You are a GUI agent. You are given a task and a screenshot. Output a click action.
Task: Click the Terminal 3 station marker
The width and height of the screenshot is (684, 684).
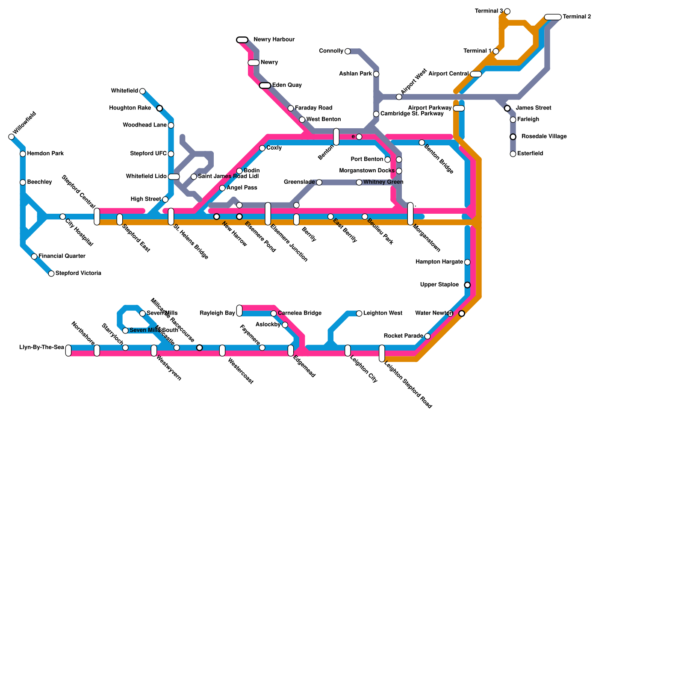507,11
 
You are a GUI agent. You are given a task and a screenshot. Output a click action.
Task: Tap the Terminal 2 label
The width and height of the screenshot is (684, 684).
577,17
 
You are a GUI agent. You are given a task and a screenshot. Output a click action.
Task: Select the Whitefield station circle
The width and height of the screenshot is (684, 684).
142,91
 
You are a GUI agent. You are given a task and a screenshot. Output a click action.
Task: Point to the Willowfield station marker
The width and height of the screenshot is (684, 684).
12,137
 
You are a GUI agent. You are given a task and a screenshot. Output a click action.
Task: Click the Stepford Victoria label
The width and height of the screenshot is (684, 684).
78,274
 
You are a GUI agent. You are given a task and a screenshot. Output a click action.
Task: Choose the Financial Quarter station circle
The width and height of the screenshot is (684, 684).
34,256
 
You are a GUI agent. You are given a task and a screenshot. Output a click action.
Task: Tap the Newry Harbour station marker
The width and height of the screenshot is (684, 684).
242,40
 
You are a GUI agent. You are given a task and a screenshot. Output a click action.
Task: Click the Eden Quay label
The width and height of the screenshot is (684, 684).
287,85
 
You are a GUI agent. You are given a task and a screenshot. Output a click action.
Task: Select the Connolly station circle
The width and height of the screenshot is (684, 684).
348,51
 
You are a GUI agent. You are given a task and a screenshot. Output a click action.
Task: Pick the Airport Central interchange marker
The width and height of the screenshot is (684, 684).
476,74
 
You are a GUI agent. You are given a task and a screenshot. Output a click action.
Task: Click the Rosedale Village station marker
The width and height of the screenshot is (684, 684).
513,137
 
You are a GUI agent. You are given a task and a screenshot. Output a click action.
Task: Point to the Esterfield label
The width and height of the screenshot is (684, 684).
530,154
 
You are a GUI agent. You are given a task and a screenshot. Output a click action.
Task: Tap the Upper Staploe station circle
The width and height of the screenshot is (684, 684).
467,285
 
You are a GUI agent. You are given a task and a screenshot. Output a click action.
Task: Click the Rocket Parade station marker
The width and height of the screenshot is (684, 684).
427,336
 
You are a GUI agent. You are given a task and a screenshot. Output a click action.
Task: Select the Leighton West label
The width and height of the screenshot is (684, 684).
383,313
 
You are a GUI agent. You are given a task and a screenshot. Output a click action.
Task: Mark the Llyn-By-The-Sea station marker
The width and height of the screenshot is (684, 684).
68,351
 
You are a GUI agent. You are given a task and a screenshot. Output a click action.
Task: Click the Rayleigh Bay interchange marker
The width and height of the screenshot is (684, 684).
239,311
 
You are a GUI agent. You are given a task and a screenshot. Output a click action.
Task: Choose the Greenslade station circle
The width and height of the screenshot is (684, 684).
319,183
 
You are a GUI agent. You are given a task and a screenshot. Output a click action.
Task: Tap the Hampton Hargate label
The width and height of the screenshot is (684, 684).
439,262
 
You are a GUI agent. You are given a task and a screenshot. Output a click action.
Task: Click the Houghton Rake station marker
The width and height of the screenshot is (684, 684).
159,108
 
